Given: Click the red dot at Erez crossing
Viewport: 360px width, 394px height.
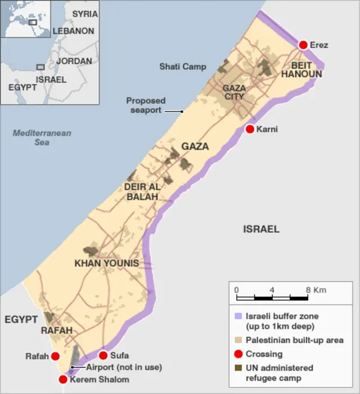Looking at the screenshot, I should click(x=303, y=45).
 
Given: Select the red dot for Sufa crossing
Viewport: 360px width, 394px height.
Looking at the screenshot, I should click(x=103, y=355).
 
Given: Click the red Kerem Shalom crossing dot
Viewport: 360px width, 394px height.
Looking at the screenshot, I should click(x=63, y=379).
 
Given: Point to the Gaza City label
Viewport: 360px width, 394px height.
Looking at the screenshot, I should click(x=234, y=92).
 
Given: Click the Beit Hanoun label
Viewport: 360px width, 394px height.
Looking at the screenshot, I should click(x=302, y=70).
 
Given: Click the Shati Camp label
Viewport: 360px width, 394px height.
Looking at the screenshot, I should click(x=182, y=67).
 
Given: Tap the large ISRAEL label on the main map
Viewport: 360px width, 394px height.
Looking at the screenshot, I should click(x=261, y=229).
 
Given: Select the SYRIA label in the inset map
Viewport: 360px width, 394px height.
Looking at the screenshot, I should click(x=84, y=14).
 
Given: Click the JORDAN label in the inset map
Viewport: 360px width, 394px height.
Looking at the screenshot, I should click(x=74, y=61).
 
